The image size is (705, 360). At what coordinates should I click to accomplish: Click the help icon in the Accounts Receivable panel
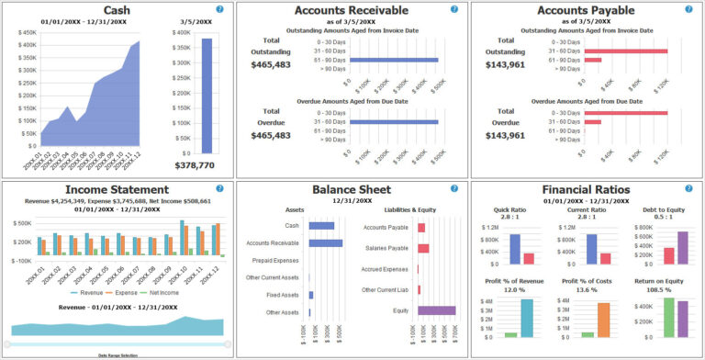(x=453, y=9)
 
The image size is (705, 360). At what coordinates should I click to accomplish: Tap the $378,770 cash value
(x=195, y=166)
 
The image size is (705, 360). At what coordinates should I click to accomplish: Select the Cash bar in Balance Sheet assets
(x=321, y=225)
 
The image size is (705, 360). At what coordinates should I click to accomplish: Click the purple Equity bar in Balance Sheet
(x=436, y=310)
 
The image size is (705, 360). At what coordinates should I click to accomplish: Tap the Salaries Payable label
(x=386, y=248)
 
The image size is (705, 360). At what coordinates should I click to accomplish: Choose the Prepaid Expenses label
(x=274, y=260)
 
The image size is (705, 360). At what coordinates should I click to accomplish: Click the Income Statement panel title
(x=117, y=189)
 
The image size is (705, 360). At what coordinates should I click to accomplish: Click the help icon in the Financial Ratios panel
(x=687, y=188)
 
